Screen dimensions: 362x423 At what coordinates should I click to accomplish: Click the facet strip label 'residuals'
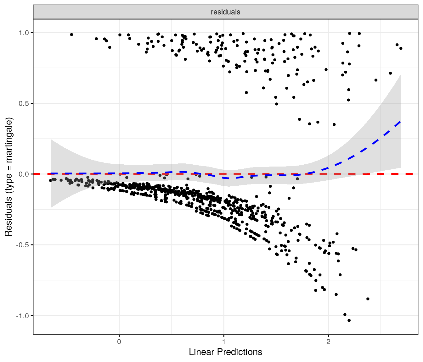[225, 12]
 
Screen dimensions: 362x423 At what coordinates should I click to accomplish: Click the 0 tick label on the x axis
[119, 342]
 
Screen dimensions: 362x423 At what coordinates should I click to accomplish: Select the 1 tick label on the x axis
[224, 342]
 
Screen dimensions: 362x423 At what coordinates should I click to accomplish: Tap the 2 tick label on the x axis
[328, 342]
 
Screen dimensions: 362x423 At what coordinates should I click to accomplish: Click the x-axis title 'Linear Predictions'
[225, 352]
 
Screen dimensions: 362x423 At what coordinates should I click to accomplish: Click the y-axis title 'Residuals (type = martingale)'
[8, 177]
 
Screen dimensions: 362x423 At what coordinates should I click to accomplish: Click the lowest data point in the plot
[349, 321]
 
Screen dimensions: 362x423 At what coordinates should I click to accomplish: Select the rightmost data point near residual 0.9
[401, 48]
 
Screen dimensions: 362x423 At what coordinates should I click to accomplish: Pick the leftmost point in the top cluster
[71, 35]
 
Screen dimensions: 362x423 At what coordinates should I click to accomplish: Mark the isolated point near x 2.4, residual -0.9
[368, 299]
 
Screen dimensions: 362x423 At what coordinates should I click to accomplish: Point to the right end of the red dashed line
[412, 174]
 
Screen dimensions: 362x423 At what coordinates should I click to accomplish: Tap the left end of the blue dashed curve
[51, 173]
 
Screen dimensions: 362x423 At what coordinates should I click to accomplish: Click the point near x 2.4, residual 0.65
[376, 80]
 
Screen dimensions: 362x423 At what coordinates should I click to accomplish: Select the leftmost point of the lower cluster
[50, 180]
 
